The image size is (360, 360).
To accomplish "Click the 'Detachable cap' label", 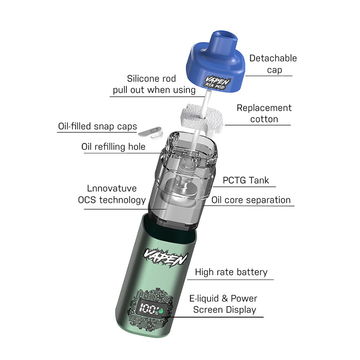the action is click(273, 64).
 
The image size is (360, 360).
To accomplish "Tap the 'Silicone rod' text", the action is click(152, 78).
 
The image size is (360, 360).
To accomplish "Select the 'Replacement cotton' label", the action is click(264, 113).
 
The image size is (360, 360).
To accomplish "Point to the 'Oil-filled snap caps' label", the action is click(98, 126).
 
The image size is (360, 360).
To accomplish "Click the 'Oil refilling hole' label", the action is click(113, 147).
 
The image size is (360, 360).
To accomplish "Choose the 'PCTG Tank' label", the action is click(246, 180).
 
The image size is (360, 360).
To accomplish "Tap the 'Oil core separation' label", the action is click(251, 200).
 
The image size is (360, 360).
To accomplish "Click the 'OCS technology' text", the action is click(112, 200).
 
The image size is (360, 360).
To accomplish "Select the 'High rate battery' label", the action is click(231, 272).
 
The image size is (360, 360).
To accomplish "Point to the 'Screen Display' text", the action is click(225, 310).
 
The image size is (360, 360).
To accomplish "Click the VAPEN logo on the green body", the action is click(166, 257).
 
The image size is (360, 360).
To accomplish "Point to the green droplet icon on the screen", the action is click(161, 310).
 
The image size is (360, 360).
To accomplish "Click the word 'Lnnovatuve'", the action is click(112, 189).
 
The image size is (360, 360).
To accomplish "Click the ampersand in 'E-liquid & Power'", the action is click(225, 298).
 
